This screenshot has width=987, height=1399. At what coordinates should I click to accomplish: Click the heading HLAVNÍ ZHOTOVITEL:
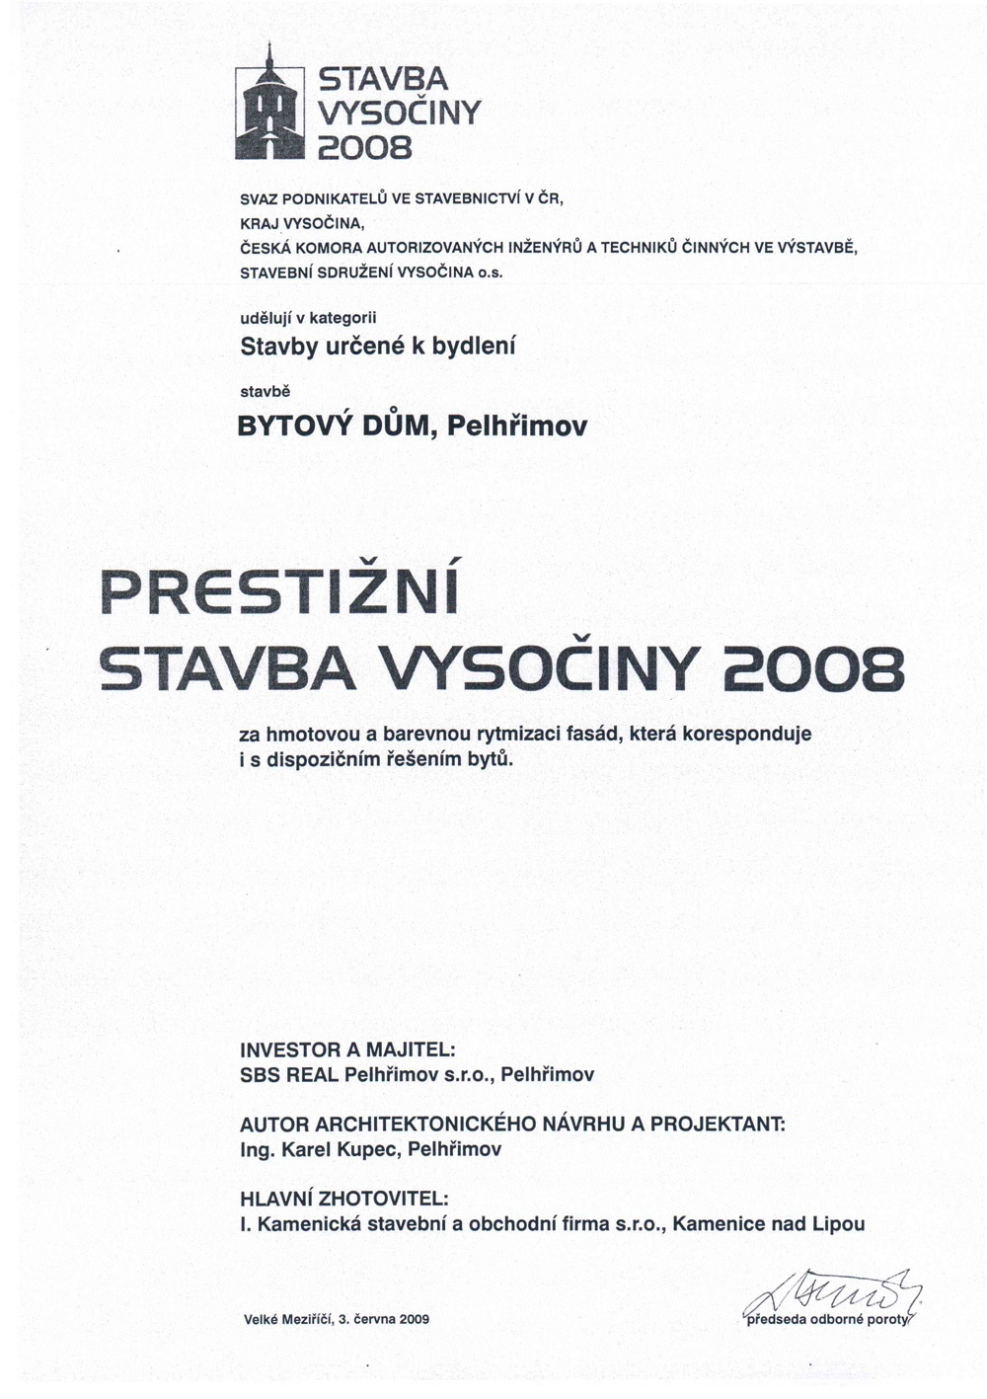pos(344,1200)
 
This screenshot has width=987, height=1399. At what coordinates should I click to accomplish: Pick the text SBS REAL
pos(290,1074)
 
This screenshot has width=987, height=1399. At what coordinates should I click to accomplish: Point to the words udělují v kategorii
pos(309,317)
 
